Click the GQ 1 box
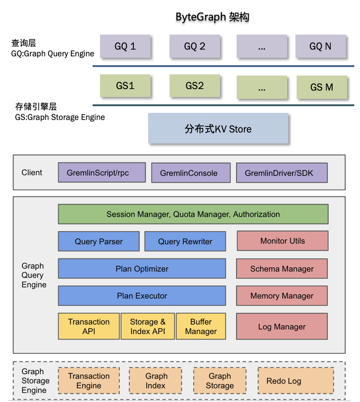[x=125, y=46]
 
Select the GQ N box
[x=320, y=46]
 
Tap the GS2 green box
[x=195, y=86]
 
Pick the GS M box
[x=322, y=87]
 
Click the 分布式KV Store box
[x=218, y=129]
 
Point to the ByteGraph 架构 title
[x=212, y=17]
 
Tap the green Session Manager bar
[x=193, y=214]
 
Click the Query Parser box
[x=99, y=241]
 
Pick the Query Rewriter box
[x=185, y=241]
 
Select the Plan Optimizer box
[x=142, y=269]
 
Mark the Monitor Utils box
[x=282, y=241]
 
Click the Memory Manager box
[x=282, y=296]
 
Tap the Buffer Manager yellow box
[x=201, y=326]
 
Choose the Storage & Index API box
[x=148, y=326]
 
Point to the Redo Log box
[x=296, y=381]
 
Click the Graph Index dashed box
[x=155, y=381]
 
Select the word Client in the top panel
[x=32, y=173]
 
